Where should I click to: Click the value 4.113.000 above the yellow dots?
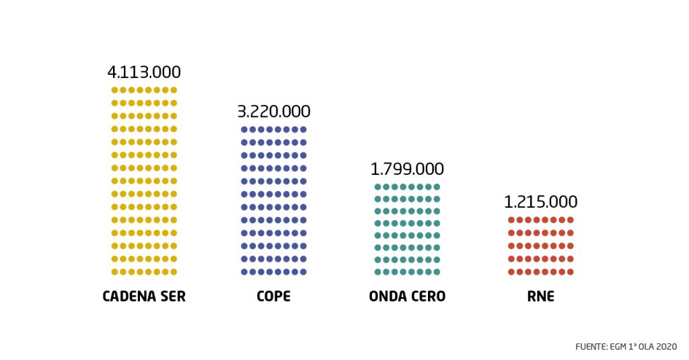click(x=144, y=73)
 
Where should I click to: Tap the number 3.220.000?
click(x=274, y=112)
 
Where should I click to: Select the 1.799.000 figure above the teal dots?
click(x=407, y=169)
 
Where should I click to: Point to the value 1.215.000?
click(x=540, y=202)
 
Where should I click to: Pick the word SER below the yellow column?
click(x=172, y=296)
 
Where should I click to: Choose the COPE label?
click(x=274, y=296)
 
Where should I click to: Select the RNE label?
click(x=540, y=296)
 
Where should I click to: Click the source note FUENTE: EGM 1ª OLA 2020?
click(x=626, y=347)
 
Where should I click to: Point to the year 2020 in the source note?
click(x=665, y=347)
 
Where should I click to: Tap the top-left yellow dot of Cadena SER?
click(x=114, y=89)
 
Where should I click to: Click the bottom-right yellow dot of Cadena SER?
click(x=174, y=272)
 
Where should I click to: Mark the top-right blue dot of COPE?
click(x=303, y=129)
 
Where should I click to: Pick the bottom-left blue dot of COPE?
click(x=244, y=272)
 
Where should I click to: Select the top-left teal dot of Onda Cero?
click(x=377, y=187)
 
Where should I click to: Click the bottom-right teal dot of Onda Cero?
click(x=437, y=272)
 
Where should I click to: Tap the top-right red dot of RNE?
click(x=570, y=220)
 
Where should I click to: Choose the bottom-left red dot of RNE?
click(x=511, y=272)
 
